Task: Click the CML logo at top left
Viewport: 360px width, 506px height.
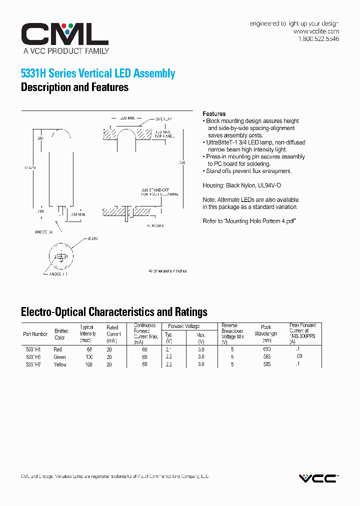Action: [x=64, y=34]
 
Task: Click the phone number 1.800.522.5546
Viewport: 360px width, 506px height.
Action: [x=318, y=39]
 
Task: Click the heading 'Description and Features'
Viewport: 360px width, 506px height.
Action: [x=74, y=87]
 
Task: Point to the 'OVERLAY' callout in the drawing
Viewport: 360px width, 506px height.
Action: [x=163, y=119]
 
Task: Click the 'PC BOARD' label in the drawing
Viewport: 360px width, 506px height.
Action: [x=155, y=226]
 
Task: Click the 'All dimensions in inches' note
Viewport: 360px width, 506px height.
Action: [x=167, y=271]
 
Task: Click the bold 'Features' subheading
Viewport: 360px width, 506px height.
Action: [x=214, y=114]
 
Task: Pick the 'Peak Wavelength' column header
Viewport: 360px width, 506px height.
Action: [x=266, y=330]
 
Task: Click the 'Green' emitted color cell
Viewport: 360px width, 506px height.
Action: [x=59, y=357]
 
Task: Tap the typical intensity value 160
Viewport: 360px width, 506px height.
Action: [x=88, y=364]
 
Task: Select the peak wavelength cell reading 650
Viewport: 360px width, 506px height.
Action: [x=266, y=349]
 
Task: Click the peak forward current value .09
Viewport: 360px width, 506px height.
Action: [x=299, y=356]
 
